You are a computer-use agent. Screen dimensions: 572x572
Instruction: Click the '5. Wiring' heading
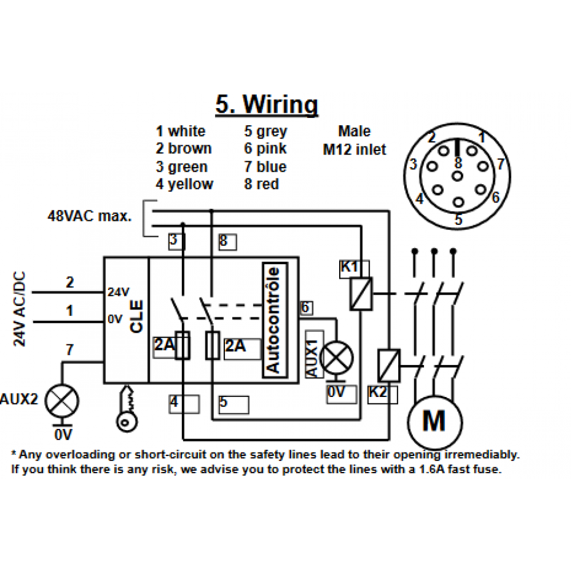267,105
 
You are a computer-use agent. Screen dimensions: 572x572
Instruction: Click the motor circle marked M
435,423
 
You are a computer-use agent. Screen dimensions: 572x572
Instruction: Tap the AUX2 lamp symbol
62,401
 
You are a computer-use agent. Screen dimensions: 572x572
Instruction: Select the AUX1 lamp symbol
336,358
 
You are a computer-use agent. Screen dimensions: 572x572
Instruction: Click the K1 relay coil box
361,293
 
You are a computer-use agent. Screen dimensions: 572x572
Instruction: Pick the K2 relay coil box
389,366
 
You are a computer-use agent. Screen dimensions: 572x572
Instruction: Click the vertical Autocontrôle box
275,320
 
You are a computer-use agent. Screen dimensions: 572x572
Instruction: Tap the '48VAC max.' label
89,216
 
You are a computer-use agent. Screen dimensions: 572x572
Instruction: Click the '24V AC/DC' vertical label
19,309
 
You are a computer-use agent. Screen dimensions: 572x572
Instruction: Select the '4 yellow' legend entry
184,184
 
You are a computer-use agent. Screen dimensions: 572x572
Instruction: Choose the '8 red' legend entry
261,184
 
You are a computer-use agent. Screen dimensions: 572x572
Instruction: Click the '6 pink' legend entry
265,149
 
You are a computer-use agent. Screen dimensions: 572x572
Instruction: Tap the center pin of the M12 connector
457,176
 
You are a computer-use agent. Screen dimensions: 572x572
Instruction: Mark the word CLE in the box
137,316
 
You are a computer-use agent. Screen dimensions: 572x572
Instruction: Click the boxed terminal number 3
177,241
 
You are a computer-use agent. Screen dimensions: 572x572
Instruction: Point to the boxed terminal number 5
233,404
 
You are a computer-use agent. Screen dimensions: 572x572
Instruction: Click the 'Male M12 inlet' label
354,141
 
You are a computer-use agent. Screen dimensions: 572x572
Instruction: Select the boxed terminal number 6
306,308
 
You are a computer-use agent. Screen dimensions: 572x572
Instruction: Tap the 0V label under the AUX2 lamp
63,435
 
